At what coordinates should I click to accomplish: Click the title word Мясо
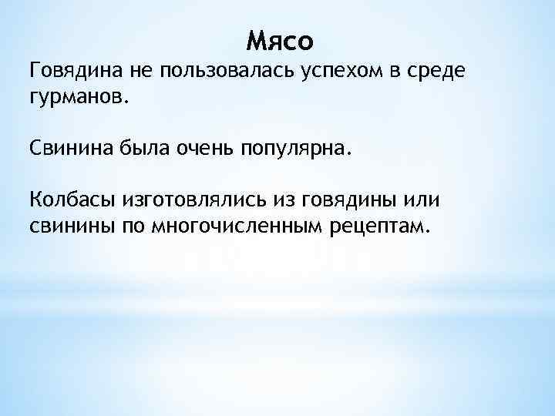click(283, 39)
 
